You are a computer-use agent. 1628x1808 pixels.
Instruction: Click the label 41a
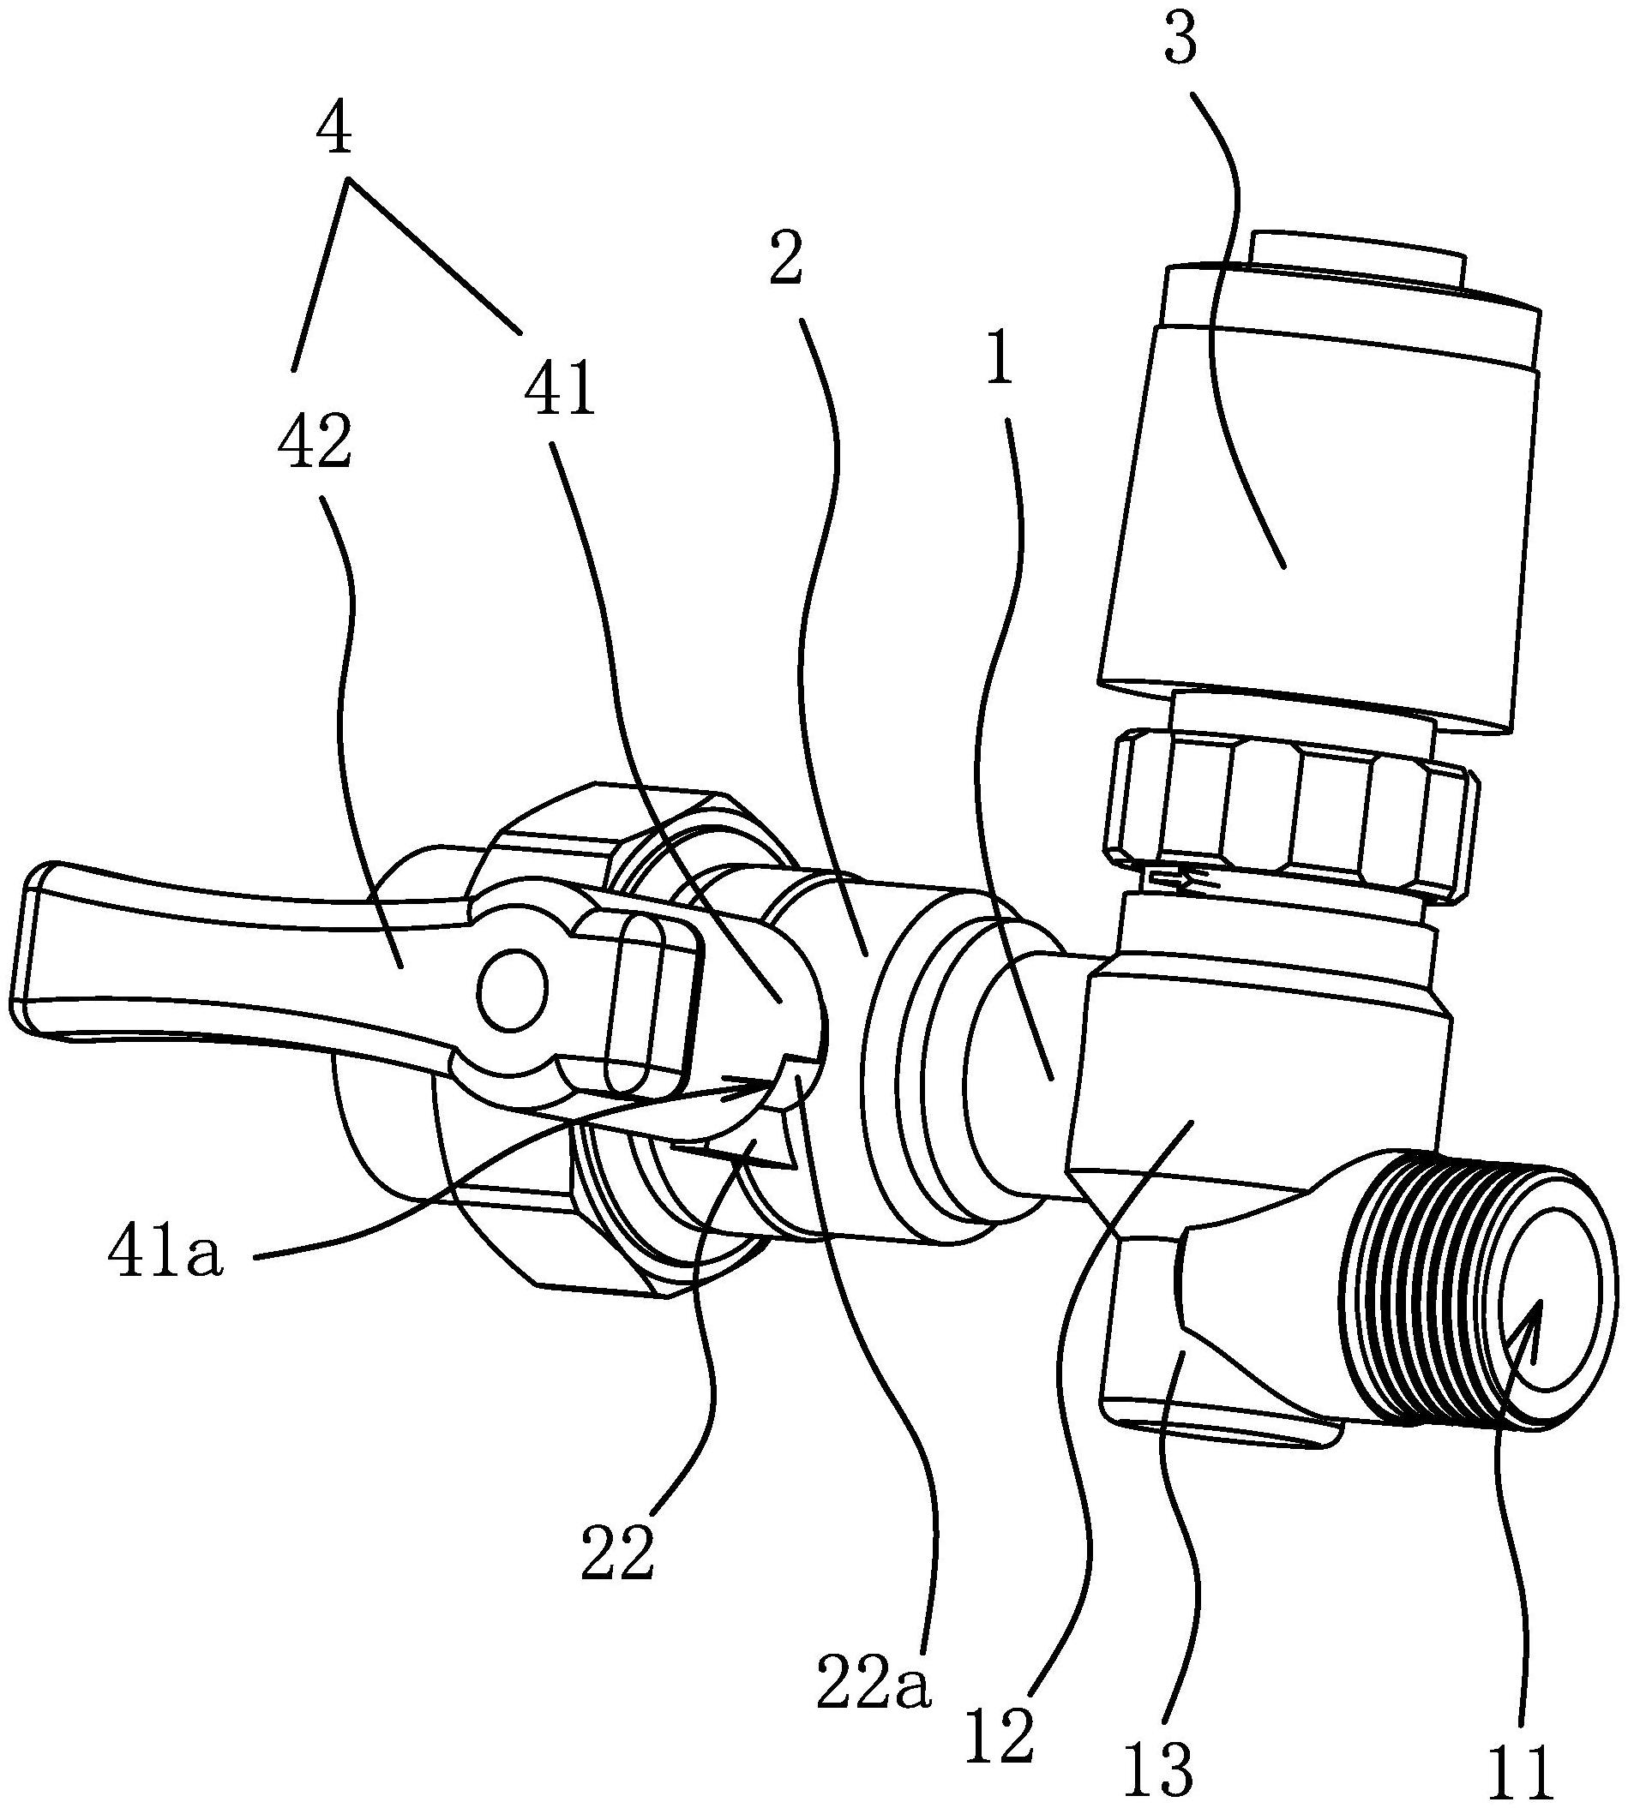coord(164,1255)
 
